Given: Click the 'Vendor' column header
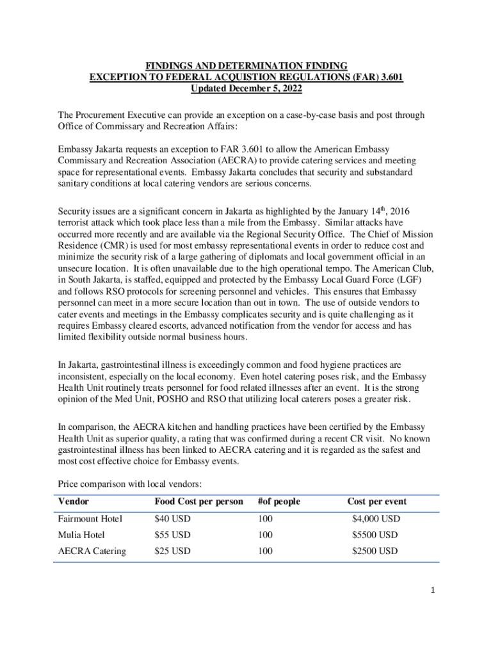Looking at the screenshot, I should (73, 502).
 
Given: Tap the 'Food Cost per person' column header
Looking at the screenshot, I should (198, 502).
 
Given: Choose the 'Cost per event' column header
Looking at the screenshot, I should (376, 502).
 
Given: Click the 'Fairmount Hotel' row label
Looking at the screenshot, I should (90, 519).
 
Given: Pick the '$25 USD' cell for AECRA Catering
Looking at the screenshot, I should (172, 551).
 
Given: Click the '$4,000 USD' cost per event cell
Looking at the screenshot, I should (376, 519).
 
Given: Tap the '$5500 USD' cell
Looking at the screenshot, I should (374, 535).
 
